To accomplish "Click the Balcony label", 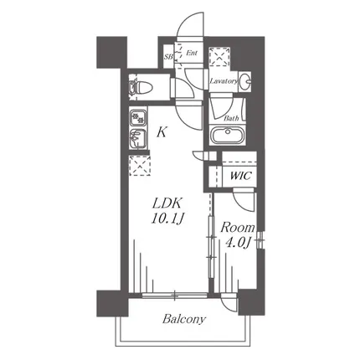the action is [x=184, y=319].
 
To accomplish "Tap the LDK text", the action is [x=167, y=203].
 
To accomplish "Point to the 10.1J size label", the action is [x=167, y=219].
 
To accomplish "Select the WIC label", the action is [x=240, y=176].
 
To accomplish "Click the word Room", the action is [x=238, y=228].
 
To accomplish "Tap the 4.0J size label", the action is [x=238, y=244].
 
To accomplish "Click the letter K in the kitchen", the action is [x=162, y=131].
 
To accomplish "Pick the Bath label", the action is [x=231, y=118].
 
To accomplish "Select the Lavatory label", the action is [x=224, y=81].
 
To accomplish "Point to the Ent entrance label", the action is [x=192, y=53].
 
